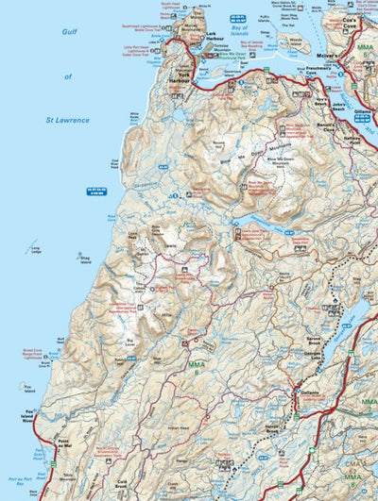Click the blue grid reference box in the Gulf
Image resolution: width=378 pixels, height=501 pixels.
pos(96,191)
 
